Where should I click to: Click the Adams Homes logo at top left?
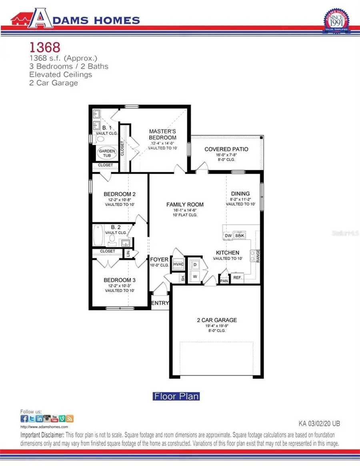(75, 20)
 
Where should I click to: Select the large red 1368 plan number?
(45, 47)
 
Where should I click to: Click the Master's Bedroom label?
(162, 134)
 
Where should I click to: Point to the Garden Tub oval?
(107, 154)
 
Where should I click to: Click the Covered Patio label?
(226, 149)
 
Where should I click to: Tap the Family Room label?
(185, 204)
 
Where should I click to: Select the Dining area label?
(240, 194)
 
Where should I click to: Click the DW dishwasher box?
(228, 236)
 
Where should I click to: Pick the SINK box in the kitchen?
(240, 236)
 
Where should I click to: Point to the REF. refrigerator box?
(237, 278)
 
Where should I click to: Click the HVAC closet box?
(178, 264)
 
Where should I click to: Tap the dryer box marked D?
(195, 264)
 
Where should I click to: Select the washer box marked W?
(195, 276)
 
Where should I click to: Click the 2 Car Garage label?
(217, 320)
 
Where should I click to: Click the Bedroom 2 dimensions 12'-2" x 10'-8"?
(120, 200)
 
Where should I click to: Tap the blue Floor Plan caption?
(176, 396)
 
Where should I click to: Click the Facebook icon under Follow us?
(24, 419)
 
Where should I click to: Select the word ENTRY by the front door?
(160, 303)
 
